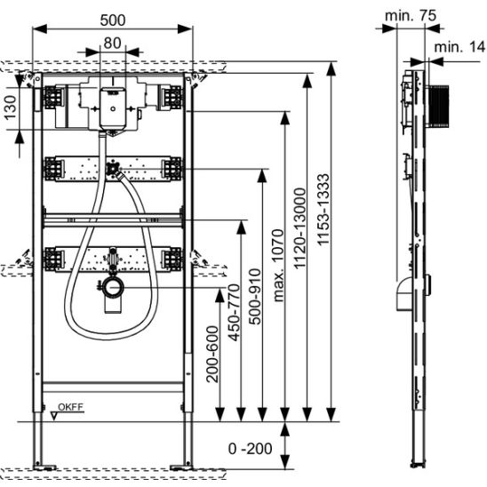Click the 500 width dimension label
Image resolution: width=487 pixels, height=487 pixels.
point(113,20)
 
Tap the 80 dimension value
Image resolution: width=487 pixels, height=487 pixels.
point(112,44)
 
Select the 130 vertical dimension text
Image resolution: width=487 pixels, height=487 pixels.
point(11,108)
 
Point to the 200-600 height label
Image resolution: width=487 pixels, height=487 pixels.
point(212,354)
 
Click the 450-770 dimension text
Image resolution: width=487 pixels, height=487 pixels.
point(234,312)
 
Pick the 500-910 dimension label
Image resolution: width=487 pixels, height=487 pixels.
point(255,297)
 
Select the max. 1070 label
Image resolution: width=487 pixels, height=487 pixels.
point(278,266)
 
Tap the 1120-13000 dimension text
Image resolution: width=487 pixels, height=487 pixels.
point(300,228)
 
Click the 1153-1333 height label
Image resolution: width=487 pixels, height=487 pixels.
point(323,210)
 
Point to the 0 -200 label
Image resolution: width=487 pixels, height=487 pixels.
point(250,449)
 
